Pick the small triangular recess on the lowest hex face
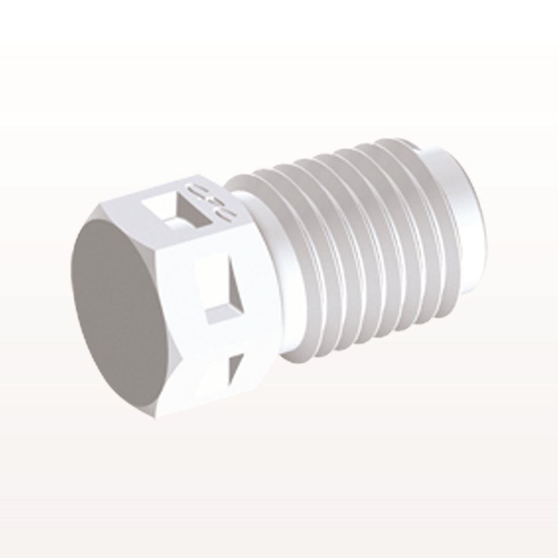click(x=234, y=368)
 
